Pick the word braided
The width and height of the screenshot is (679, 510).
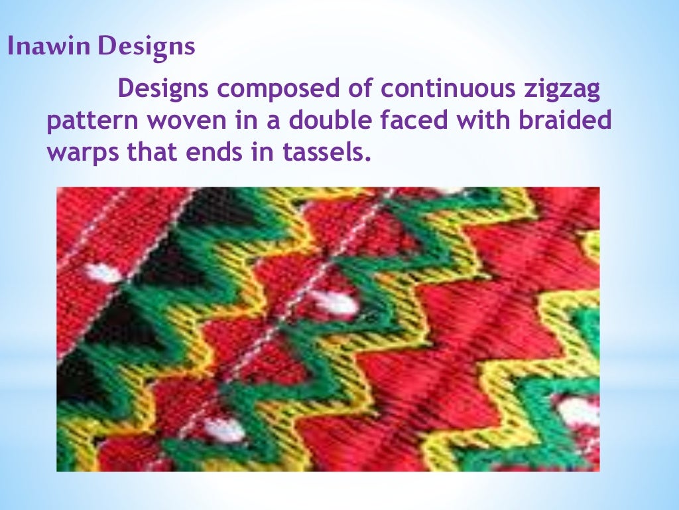[570, 121]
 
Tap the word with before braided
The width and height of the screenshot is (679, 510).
[490, 121]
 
